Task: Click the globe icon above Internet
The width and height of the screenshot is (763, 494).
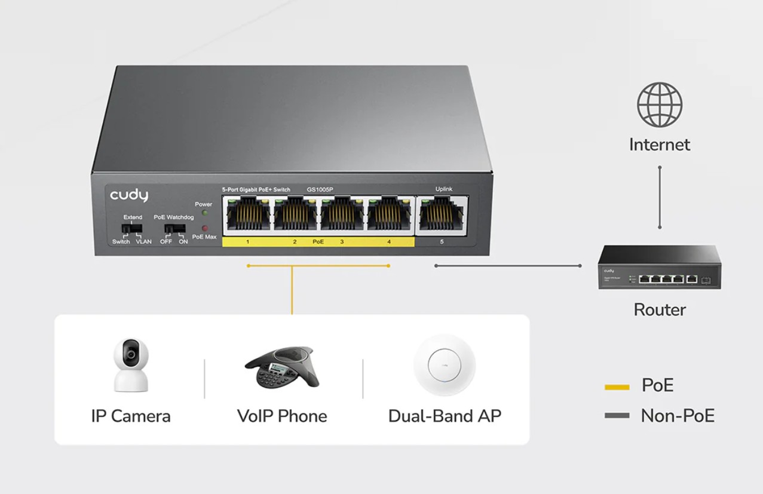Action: coord(660,105)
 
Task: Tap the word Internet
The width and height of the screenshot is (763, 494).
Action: coord(660,145)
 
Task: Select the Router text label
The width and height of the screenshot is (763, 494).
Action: coord(660,309)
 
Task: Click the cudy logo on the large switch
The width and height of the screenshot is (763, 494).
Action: coord(129,195)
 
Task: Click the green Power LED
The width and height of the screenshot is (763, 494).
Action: coord(205,213)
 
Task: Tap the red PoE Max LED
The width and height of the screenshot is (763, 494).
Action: coord(204,228)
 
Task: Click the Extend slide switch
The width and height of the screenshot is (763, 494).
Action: coord(132,228)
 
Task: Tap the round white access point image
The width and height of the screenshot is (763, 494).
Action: coord(445,365)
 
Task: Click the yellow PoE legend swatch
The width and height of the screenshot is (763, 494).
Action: coord(617,387)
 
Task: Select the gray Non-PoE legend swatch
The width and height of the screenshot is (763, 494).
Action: coord(617,416)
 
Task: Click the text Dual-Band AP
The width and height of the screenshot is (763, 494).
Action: coord(445,416)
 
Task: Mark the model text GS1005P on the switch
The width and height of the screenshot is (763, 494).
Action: coord(320,189)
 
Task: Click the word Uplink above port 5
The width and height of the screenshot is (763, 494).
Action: coord(444,189)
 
